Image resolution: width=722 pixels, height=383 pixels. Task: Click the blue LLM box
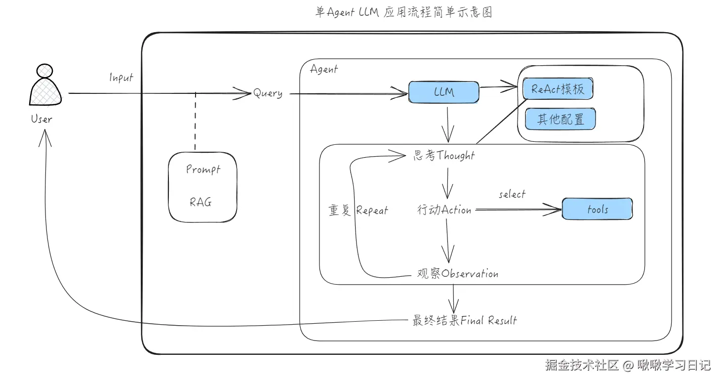(x=444, y=92)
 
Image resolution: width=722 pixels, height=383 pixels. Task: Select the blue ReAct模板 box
(x=558, y=89)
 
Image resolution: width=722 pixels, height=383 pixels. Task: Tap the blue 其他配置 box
(x=560, y=119)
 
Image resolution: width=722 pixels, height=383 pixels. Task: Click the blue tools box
(x=597, y=209)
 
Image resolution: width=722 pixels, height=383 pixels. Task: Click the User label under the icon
(x=41, y=119)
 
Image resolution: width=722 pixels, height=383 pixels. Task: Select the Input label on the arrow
(x=121, y=78)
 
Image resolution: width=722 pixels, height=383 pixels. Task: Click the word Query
(x=268, y=93)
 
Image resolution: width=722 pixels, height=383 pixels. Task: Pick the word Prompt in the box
(x=203, y=170)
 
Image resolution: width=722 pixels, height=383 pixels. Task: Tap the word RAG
(x=201, y=202)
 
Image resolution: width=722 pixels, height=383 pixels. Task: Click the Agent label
(x=323, y=69)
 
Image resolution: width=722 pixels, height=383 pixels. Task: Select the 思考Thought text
(x=443, y=156)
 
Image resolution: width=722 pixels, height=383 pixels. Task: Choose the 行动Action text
(x=444, y=210)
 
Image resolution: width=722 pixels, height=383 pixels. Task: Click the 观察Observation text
(x=457, y=274)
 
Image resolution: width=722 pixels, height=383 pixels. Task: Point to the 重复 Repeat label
(x=358, y=211)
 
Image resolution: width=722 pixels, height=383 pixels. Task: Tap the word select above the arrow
(x=512, y=194)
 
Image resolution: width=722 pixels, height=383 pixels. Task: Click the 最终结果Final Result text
(x=464, y=320)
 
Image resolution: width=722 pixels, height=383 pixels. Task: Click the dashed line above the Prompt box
(x=196, y=121)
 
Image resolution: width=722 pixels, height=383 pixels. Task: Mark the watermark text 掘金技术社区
(x=582, y=366)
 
